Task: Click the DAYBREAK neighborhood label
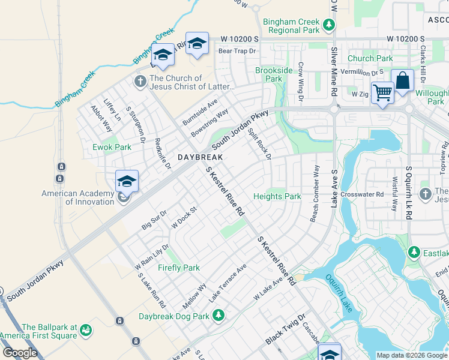[x=200, y=157]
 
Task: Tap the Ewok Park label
[x=112, y=147]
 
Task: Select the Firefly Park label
[x=178, y=268]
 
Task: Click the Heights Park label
[x=277, y=196]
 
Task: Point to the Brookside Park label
[x=274, y=74]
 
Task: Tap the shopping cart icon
[x=382, y=93]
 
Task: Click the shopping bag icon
[x=403, y=80]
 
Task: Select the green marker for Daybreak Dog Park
[x=219, y=314]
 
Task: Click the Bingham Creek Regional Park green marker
[x=328, y=25]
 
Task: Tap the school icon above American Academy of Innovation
[x=127, y=181]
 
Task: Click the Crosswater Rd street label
[x=361, y=194]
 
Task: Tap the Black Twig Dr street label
[x=285, y=329]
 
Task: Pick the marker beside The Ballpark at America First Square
[x=86, y=329]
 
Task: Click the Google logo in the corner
[x=20, y=353]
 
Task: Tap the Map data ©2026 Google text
[x=411, y=355]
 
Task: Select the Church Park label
[x=370, y=58]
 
